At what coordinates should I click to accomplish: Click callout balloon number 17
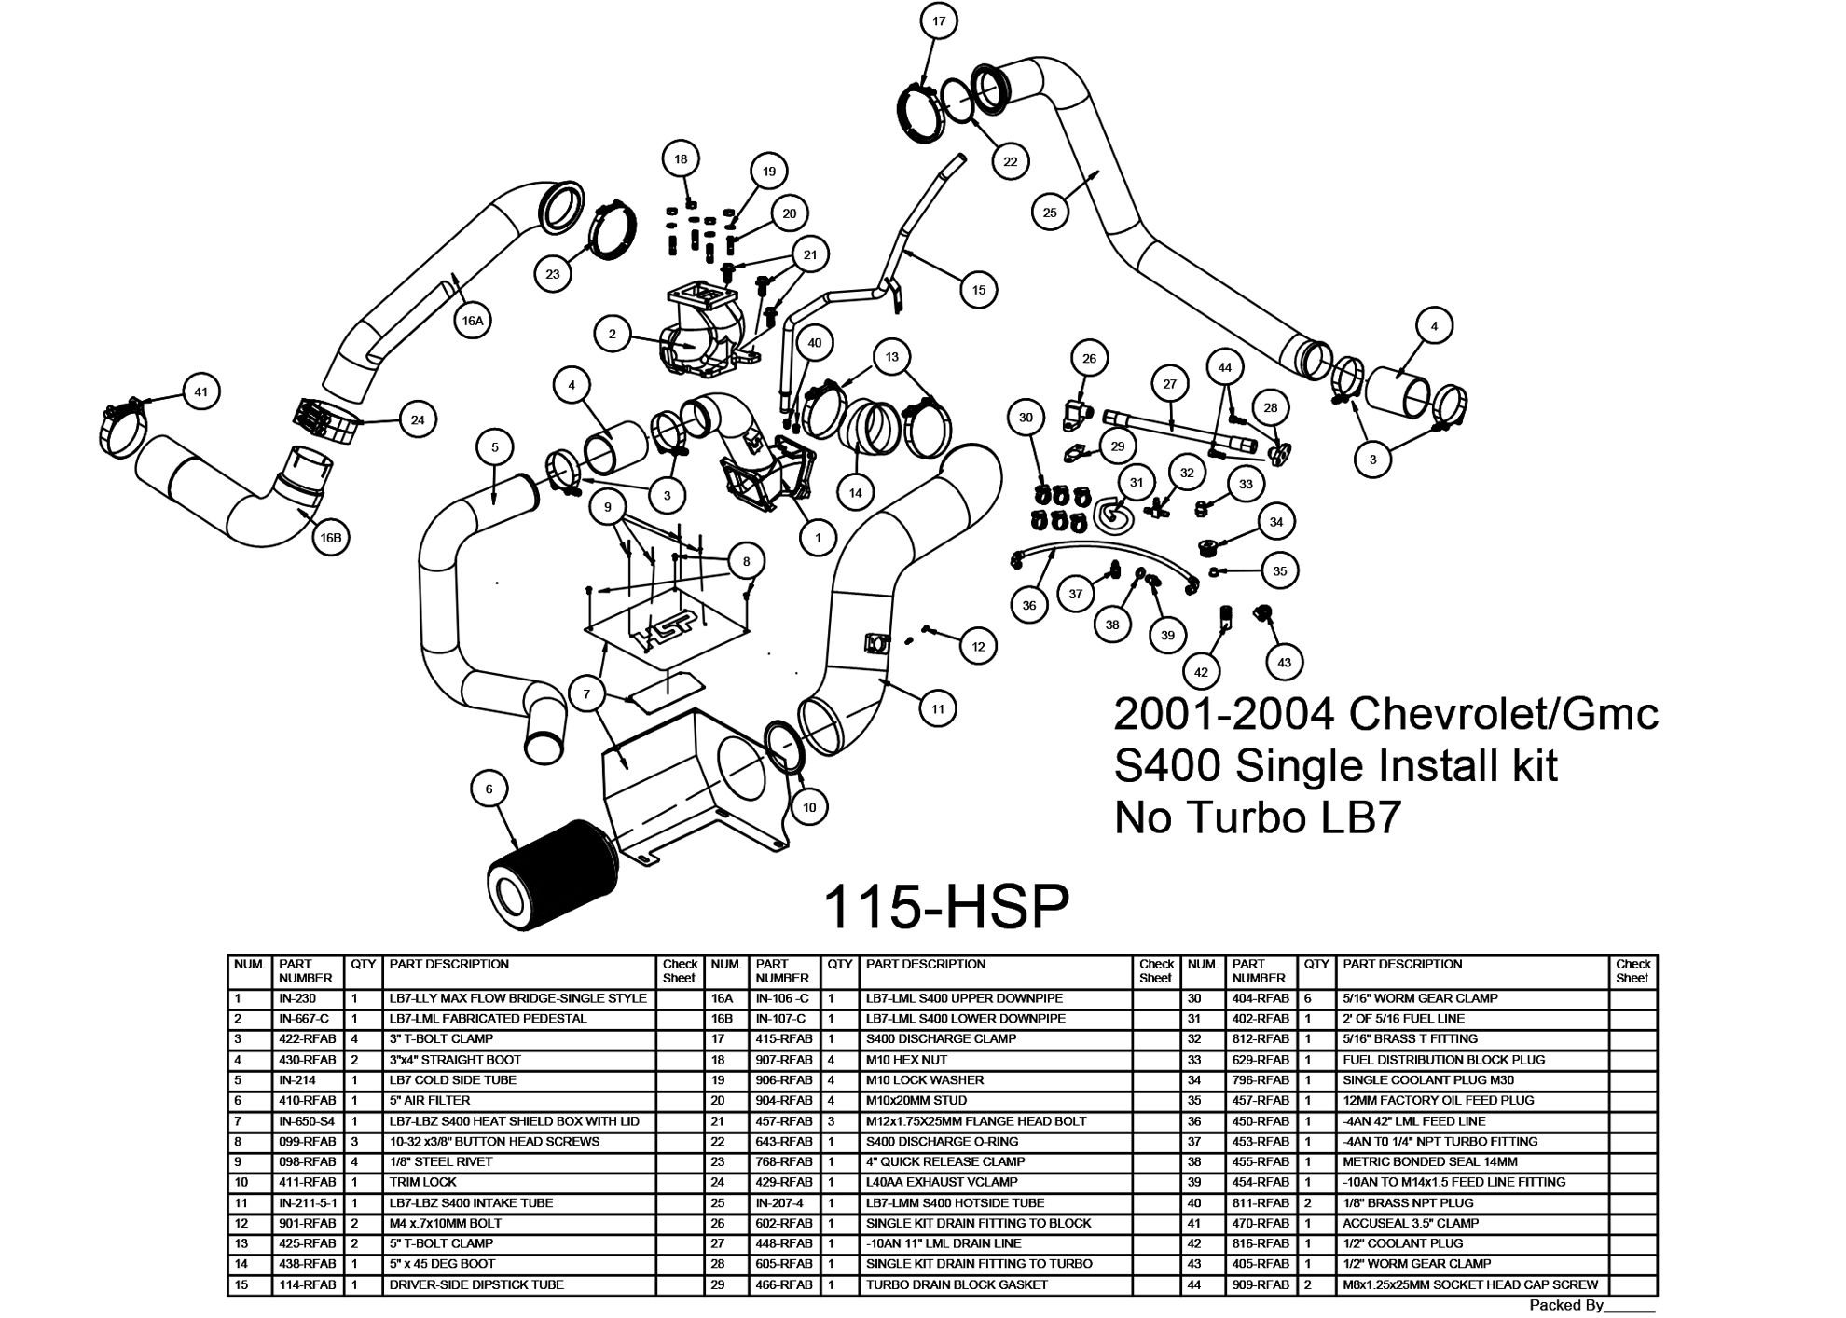[x=938, y=21]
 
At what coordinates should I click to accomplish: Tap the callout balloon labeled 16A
[x=473, y=321]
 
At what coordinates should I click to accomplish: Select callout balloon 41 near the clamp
[x=200, y=391]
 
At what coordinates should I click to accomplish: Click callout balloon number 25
[x=1050, y=213]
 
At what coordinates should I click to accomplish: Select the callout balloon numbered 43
[x=1284, y=662]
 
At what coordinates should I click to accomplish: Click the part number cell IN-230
[x=297, y=998]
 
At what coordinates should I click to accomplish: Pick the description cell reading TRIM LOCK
[x=423, y=1182]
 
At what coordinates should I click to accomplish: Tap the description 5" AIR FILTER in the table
[x=430, y=1100]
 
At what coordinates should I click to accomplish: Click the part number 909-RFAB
[x=1260, y=1284]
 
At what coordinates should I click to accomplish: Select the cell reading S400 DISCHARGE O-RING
[x=942, y=1141]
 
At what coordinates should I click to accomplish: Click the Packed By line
[x=1591, y=1305]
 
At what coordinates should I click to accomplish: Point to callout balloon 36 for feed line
[x=1029, y=605]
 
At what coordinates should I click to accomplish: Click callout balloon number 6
[x=489, y=789]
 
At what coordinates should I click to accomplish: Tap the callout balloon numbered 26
[x=1089, y=358]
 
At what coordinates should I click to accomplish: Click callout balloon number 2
[x=613, y=334]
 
